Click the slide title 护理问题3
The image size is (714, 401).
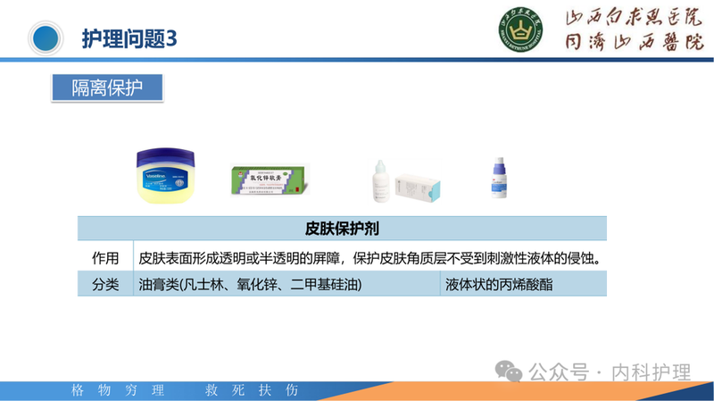(x=129, y=38)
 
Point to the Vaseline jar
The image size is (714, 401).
(x=164, y=175)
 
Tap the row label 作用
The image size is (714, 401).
(x=105, y=258)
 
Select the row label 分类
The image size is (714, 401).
(x=105, y=285)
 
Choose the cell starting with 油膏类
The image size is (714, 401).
(x=251, y=285)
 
